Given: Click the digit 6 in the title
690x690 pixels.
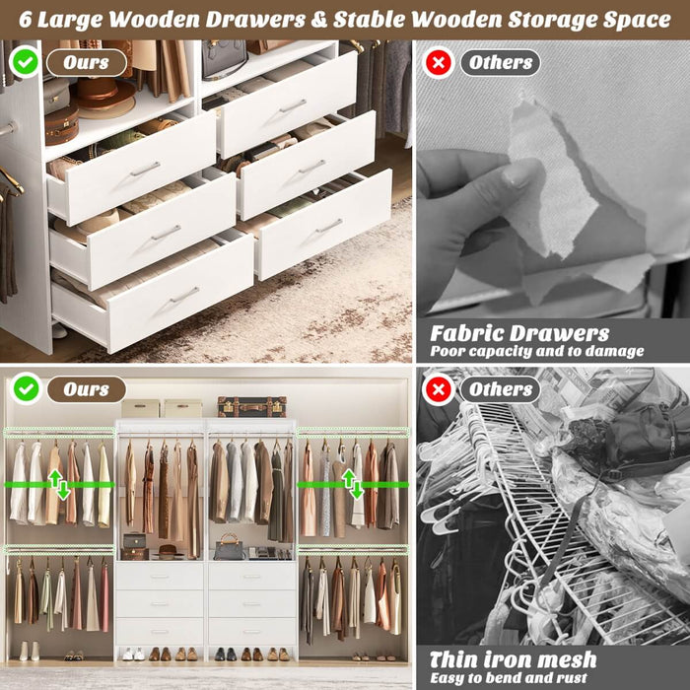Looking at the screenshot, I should pos(26,19).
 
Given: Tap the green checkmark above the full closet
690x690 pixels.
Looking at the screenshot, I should pos(26,388).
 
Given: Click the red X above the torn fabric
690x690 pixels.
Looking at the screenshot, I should pos(438,63).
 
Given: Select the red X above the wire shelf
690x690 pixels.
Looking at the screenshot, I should pos(438,389).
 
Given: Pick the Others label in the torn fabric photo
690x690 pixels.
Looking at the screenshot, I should pos(500,63).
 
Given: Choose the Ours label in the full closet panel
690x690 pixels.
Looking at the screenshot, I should pos(87,388).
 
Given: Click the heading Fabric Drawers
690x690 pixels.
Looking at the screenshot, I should pos(519,333).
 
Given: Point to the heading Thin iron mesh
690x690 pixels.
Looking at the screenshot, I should pos(513,658).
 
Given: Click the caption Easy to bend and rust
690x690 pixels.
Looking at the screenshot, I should pos(509,677).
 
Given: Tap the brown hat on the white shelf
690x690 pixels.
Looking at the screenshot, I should pos(103,95).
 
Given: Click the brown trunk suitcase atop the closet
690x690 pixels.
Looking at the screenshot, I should pos(251,406).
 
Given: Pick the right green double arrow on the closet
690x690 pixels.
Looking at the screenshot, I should pos(352,483).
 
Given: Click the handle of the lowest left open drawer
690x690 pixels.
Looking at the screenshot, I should pos(184,294).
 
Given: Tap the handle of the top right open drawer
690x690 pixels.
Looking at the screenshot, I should pos(293,105).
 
